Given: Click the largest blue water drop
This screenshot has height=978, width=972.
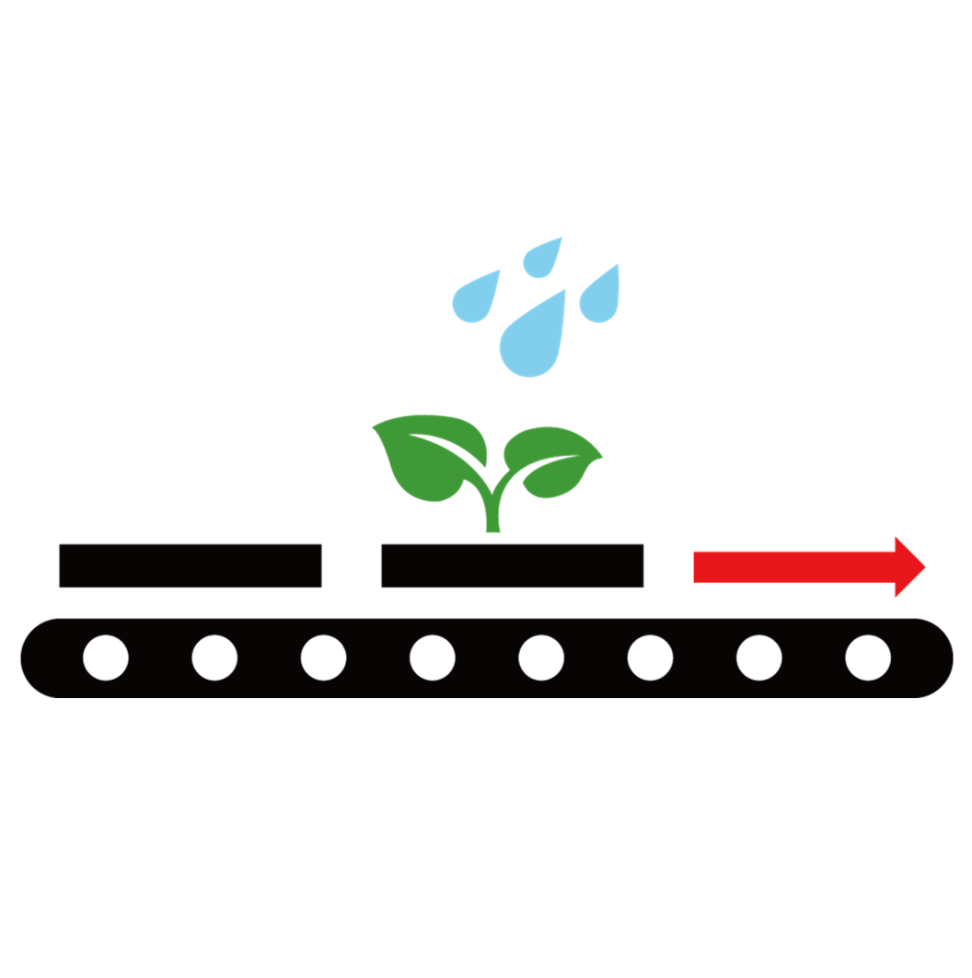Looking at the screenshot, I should [x=532, y=343].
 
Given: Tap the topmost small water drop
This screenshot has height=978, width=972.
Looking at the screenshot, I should [x=540, y=260].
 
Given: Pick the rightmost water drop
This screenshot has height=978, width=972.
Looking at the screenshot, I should [x=600, y=298].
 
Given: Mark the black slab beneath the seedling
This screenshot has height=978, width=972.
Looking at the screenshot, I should [x=512, y=565].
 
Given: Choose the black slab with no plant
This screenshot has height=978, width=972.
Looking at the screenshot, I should [x=190, y=565].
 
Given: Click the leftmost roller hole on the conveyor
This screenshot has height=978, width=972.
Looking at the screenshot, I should [x=106, y=658].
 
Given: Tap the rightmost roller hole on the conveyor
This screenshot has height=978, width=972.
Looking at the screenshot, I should [x=868, y=658].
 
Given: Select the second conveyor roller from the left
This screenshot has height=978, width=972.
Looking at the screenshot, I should [x=214, y=658].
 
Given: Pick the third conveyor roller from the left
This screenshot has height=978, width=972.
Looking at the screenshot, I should [x=323, y=658].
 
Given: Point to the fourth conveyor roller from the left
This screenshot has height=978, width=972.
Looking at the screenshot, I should [x=432, y=658].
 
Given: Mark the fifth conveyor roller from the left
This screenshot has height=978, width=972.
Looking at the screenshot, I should [x=541, y=658].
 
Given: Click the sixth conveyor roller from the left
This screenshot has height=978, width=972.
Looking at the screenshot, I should [x=650, y=658].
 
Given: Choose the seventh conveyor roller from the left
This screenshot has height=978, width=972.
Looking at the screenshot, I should [x=759, y=658].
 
